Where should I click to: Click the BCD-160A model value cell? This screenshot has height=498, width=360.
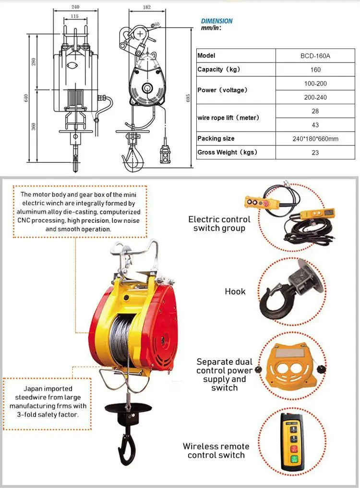click(x=315, y=56)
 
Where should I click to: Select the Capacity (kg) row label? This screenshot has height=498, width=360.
click(x=218, y=70)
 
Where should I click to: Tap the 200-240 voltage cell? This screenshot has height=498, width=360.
click(x=315, y=97)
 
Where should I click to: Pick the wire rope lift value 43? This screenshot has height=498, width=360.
click(x=315, y=125)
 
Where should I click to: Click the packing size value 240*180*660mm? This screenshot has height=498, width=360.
click(x=315, y=139)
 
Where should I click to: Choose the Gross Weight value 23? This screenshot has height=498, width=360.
click(x=315, y=153)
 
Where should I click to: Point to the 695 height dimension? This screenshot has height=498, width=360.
click(x=188, y=97)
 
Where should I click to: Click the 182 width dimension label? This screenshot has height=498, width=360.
click(x=147, y=7)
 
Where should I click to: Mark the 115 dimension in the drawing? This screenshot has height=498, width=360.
click(x=74, y=16)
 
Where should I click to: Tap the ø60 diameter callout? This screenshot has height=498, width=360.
click(x=155, y=24)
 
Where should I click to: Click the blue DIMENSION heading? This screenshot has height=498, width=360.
click(x=216, y=21)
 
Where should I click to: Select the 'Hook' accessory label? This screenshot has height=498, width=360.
click(x=235, y=292)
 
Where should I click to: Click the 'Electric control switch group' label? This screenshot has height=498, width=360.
click(x=219, y=224)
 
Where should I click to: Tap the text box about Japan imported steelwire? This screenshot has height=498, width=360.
click(x=48, y=401)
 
